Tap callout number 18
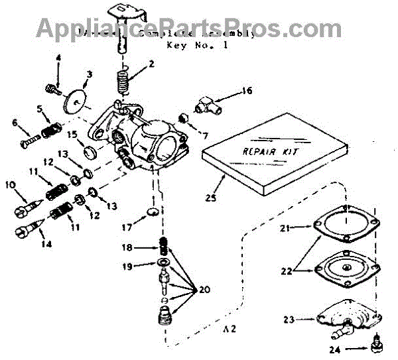point(129,247)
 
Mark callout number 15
point(74,135)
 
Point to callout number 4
point(57,58)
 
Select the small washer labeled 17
point(153,213)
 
